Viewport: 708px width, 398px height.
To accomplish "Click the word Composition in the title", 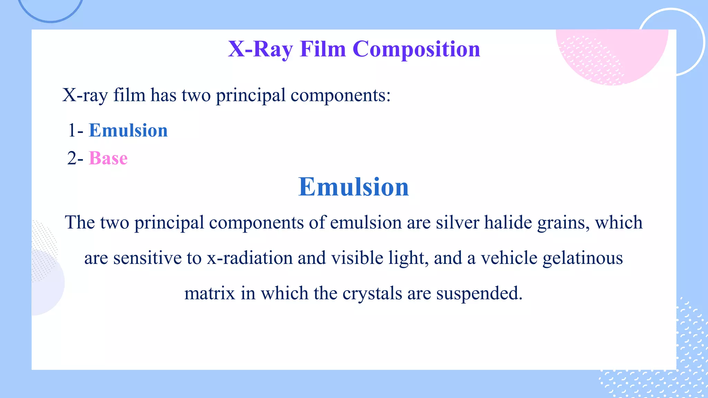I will (416, 49).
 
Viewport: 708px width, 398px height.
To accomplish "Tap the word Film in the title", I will (323, 49).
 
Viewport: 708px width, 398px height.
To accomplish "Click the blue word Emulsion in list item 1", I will (128, 131).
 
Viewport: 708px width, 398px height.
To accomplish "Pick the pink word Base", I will (108, 159).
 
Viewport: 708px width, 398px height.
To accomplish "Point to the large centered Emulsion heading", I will (353, 187).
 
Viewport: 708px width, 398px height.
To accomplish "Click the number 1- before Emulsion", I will (75, 131).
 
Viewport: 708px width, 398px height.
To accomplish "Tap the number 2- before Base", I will (75, 159).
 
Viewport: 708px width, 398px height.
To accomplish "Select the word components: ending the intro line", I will (341, 95).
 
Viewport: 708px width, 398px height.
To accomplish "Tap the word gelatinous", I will (583, 258).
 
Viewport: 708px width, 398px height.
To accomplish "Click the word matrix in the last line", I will (209, 293).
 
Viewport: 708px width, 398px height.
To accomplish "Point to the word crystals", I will (372, 293).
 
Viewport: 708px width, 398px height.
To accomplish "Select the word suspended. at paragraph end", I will (479, 293).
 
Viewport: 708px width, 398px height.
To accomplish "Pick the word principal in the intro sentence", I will (251, 95).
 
